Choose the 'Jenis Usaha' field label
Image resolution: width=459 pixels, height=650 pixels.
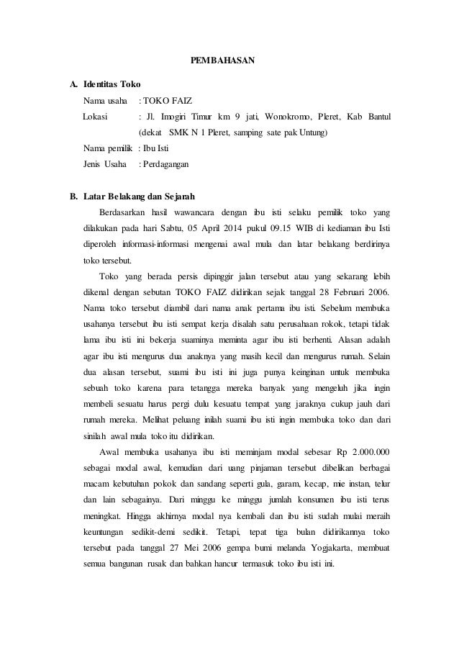[x=104, y=165]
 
